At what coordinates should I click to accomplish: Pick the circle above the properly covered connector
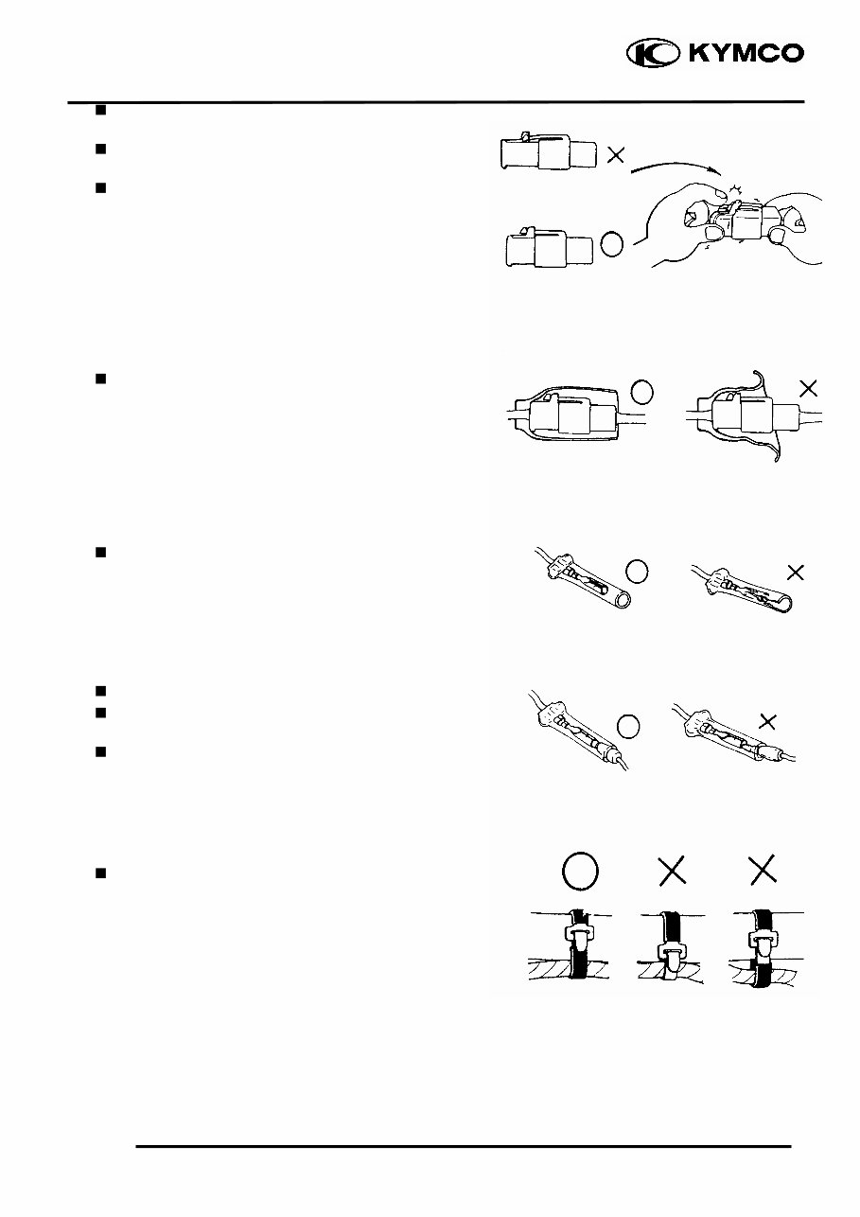(x=641, y=390)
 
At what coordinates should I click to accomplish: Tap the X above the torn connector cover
(x=807, y=388)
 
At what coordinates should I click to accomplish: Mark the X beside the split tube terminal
(x=796, y=572)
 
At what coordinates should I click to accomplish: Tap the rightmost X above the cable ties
(x=763, y=872)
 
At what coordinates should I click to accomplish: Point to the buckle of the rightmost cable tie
(x=763, y=943)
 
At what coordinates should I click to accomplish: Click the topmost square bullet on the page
(x=98, y=110)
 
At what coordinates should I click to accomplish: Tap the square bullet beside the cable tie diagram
(x=98, y=873)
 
